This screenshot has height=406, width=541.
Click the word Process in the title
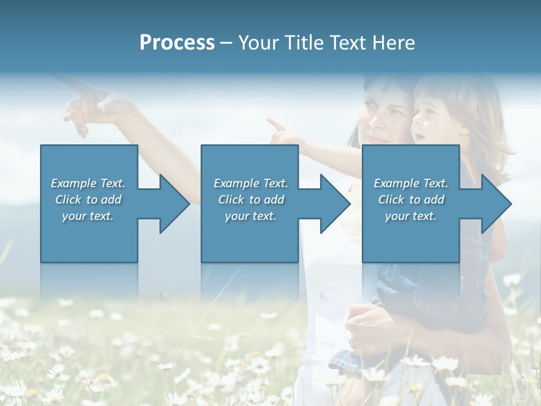coord(177,43)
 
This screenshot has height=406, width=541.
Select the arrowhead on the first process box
coord(172,204)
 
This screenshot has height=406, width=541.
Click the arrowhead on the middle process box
coord(333,204)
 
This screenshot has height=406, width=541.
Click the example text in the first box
coord(88,200)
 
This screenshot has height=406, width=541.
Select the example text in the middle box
coord(251,200)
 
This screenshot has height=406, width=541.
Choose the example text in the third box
coord(411,200)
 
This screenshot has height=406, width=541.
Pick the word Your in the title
coord(258,43)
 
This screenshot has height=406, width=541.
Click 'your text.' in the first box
coord(88,216)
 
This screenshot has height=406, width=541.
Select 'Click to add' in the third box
coord(411,200)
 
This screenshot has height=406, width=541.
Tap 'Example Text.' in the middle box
coord(251,183)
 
